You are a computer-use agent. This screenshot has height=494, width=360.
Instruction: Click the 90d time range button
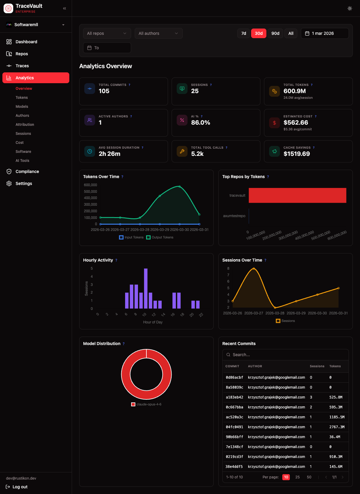[x=275, y=33]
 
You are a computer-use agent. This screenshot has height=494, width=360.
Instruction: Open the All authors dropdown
[x=158, y=33]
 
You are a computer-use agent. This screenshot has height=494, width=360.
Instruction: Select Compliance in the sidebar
[x=27, y=171]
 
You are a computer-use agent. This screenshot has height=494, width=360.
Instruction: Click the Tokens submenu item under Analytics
[x=22, y=98]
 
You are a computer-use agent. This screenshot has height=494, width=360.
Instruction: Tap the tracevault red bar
[x=297, y=195]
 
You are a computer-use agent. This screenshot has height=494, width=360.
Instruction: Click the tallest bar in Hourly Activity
[x=146, y=288]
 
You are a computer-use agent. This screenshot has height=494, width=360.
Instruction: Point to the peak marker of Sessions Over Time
[x=254, y=269]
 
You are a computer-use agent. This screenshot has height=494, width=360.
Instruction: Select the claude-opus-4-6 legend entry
[x=146, y=404]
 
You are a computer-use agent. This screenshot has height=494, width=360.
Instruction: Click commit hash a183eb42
[x=234, y=397]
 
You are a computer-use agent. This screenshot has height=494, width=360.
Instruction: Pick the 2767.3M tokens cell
[x=337, y=427]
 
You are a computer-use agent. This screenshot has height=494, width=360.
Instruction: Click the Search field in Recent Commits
[x=285, y=355]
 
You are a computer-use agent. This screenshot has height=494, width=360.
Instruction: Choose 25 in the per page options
[x=297, y=477]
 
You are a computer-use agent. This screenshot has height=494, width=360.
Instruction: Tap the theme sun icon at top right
[x=349, y=8]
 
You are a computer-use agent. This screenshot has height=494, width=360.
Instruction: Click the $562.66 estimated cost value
[x=295, y=123]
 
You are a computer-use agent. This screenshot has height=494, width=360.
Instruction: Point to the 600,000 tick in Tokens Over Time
[x=90, y=185]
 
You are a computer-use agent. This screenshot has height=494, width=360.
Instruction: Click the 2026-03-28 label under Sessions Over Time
[x=275, y=313]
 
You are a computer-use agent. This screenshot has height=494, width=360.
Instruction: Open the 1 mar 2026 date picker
[x=325, y=33]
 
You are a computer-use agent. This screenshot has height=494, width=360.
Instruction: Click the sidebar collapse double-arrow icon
[x=64, y=8]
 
